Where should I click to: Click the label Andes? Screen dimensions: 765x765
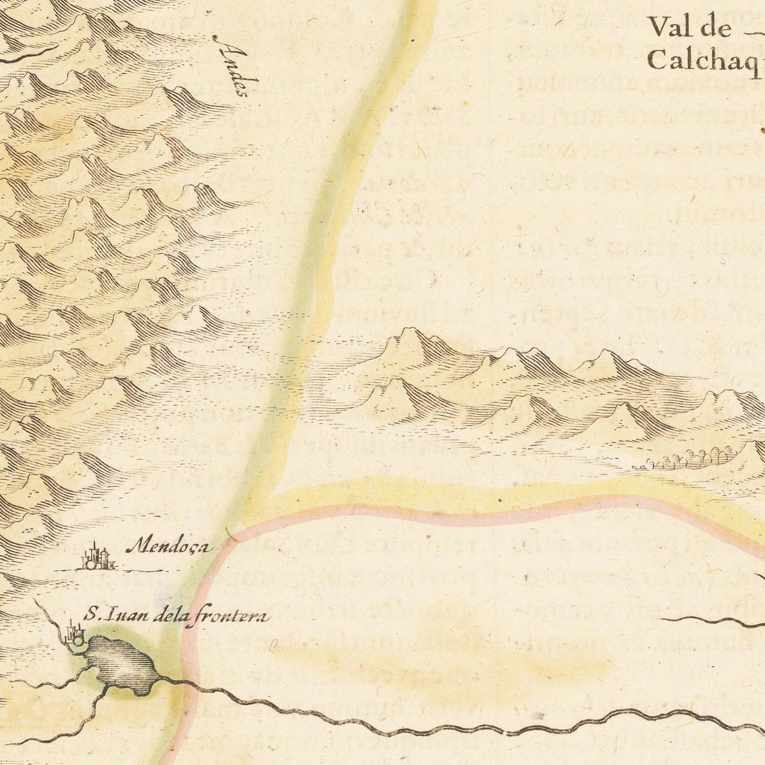pos(233,66)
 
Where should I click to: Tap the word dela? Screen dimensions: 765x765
pos(169,615)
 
